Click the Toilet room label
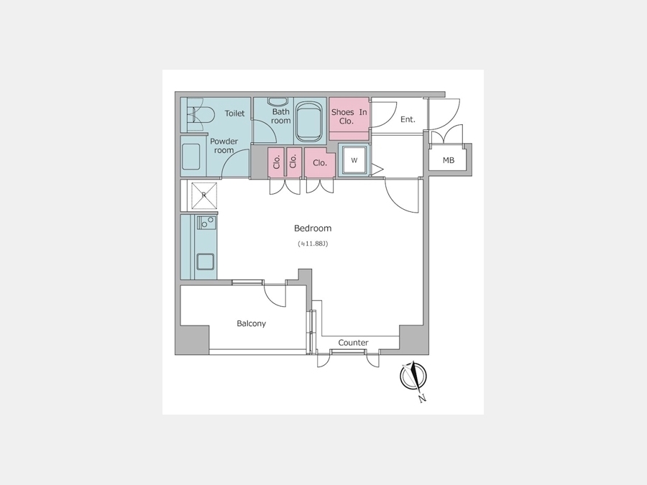[x=234, y=114]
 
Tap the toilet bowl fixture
[x=201, y=115]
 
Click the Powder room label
[x=224, y=146]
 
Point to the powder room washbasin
[x=191, y=157]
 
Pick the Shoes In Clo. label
[x=349, y=116]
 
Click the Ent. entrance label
[x=408, y=119]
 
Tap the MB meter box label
[x=449, y=160]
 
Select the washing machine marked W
[x=354, y=160]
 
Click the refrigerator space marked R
[x=204, y=195]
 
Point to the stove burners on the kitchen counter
[x=206, y=223]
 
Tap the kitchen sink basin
[x=205, y=262]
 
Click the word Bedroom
[x=313, y=228]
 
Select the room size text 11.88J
[x=313, y=244]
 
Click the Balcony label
[x=252, y=324]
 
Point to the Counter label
[x=353, y=343]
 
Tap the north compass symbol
[x=413, y=376]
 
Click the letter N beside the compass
[x=422, y=398]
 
